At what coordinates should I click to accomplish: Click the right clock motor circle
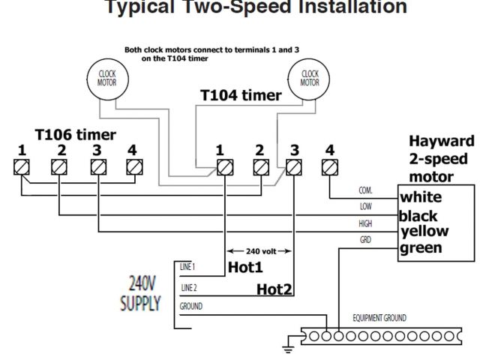(310, 78)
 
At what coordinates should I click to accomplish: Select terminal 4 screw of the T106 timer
(133, 167)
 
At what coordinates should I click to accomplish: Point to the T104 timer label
(241, 96)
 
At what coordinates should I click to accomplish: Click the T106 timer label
(76, 135)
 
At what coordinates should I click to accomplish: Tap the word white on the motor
(421, 198)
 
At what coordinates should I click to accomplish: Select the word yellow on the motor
(424, 231)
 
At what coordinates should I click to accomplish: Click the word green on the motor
(421, 248)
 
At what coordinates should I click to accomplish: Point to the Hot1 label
(246, 266)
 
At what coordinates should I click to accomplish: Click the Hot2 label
(274, 289)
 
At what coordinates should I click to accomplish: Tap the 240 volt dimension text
(260, 250)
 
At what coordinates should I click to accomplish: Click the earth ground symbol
(286, 348)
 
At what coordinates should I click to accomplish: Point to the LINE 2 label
(189, 287)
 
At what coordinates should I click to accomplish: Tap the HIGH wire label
(365, 223)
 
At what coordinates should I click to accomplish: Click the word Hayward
(442, 141)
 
